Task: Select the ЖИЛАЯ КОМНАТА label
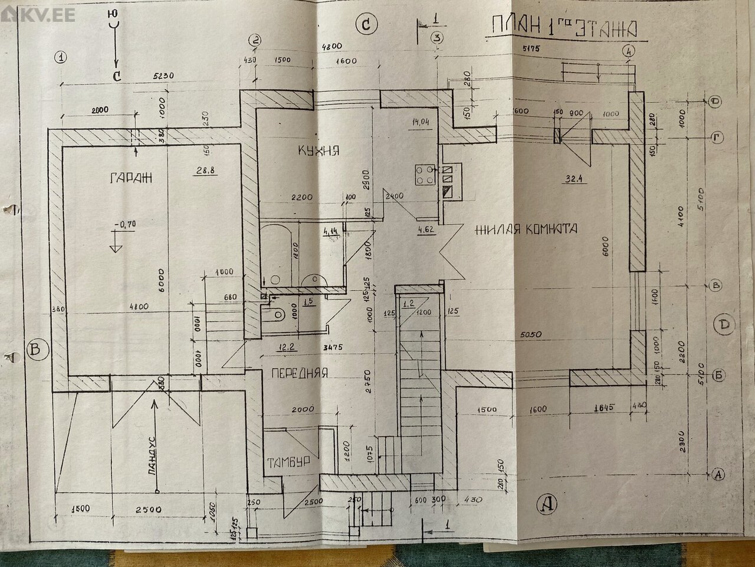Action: (x=526, y=229)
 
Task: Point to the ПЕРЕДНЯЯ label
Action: (x=299, y=373)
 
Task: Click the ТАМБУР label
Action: (x=288, y=462)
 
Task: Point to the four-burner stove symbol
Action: (x=423, y=174)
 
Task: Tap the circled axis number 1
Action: (x=60, y=57)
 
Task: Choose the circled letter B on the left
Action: (x=37, y=350)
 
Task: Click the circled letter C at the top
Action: (x=366, y=24)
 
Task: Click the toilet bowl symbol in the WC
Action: (x=277, y=312)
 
